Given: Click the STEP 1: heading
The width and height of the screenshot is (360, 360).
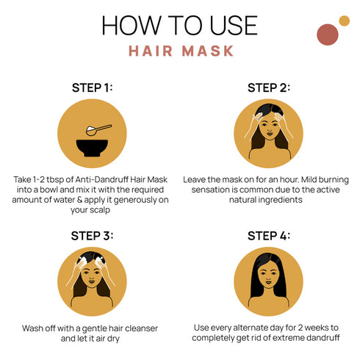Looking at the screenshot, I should pos(92,88).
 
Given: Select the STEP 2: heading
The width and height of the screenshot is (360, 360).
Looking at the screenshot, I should pos(269,87).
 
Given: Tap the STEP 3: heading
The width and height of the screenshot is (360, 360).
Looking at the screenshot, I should pos(92,236).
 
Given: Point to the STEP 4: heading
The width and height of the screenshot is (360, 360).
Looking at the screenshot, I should pos(269,236).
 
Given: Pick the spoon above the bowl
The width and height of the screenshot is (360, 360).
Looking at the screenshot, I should pos(97,129).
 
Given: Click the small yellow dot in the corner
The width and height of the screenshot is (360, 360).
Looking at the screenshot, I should pos(344,21).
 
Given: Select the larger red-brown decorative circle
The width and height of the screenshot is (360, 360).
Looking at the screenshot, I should pos(327,34).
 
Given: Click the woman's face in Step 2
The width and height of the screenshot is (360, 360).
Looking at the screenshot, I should pos(269,133).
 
